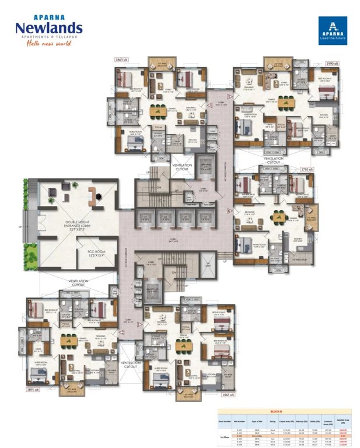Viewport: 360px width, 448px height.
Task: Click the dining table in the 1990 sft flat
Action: pyautogui.click(x=285, y=104)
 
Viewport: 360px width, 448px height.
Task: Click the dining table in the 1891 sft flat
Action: pyautogui.click(x=69, y=341)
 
